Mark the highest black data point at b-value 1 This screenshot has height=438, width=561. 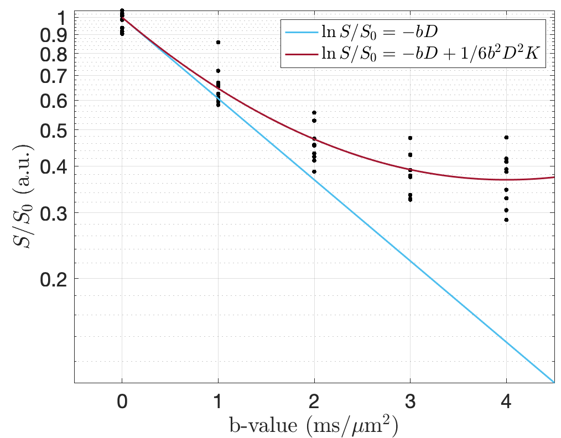[x=219, y=42]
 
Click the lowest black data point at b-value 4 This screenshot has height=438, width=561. [x=506, y=220]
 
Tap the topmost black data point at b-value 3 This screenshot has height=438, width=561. [x=410, y=138]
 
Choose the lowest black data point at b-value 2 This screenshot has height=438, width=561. [x=314, y=171]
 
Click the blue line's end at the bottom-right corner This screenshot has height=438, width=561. [x=554, y=382]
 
